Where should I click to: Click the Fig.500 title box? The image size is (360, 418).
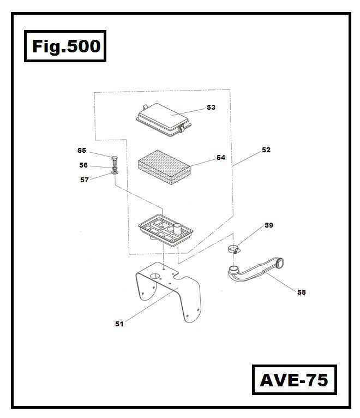pyautogui.click(x=66, y=46)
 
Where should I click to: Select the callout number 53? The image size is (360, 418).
pyautogui.click(x=211, y=108)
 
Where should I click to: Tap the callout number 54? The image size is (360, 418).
pyautogui.click(x=220, y=158)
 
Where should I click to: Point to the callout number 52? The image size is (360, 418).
pyautogui.click(x=266, y=150)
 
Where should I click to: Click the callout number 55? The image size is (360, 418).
pyautogui.click(x=82, y=150)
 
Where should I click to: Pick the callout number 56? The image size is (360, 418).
pyautogui.click(x=83, y=165)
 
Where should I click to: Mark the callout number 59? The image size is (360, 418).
pyautogui.click(x=269, y=225)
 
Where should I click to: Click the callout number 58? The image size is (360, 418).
pyautogui.click(x=301, y=292)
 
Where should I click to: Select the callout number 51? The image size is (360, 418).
pyautogui.click(x=119, y=324)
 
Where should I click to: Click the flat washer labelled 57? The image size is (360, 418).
pyautogui.click(x=115, y=172)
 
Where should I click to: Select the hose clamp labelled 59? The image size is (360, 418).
pyautogui.click(x=235, y=250)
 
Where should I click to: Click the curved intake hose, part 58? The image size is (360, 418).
pyautogui.click(x=256, y=270)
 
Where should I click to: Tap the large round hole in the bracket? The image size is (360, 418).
pyautogui.click(x=155, y=276)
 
